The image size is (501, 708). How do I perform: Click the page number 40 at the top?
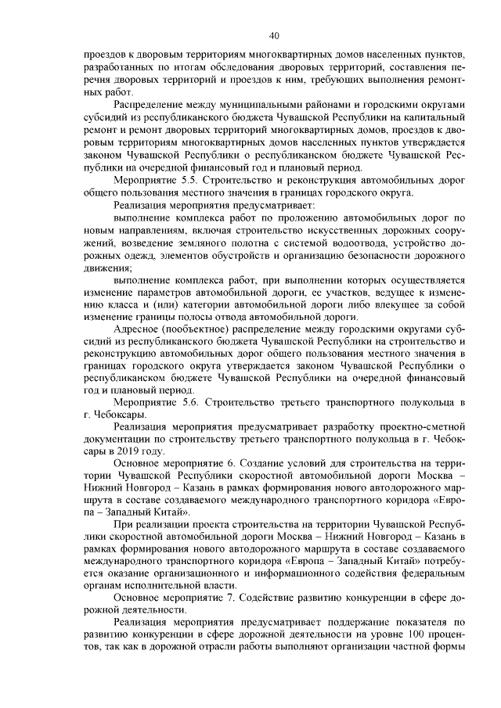274,35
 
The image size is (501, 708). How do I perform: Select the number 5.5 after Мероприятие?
181,180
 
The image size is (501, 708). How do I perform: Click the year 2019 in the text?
131,451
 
